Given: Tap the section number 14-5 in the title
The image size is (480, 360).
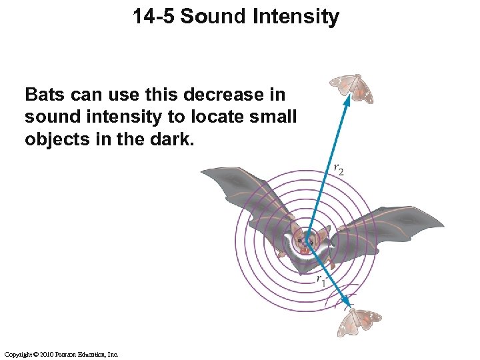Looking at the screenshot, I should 154,16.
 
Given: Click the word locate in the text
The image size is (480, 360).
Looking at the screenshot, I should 214,117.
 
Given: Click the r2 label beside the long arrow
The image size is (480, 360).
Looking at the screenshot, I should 339,169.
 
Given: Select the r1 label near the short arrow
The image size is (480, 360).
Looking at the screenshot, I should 321,279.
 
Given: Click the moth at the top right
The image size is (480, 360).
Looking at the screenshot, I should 353,89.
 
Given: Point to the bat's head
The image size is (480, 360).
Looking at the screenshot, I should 306,240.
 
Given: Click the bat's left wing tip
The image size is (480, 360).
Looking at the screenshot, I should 204,169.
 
